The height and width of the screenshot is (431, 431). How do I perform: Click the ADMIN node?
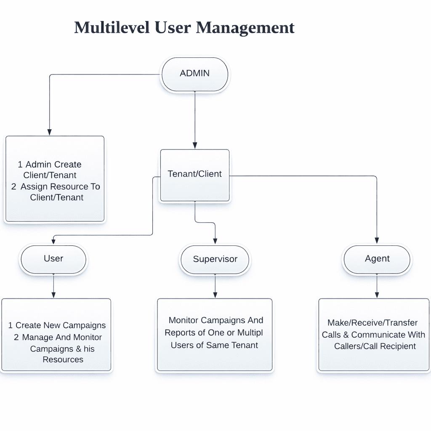(x=194, y=74)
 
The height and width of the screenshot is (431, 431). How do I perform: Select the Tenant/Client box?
(x=194, y=174)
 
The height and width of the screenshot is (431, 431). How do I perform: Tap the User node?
(x=53, y=258)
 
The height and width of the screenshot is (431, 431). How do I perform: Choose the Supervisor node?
(x=215, y=259)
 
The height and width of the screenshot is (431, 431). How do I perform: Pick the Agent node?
(x=377, y=258)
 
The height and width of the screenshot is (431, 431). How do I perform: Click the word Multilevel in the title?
(x=112, y=28)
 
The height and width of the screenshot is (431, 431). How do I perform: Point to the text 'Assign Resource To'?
(x=60, y=186)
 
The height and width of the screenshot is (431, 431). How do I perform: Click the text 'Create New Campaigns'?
(x=61, y=325)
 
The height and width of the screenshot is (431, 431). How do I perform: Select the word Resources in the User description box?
(x=63, y=359)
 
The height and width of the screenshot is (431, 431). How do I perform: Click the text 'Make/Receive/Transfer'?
(x=372, y=323)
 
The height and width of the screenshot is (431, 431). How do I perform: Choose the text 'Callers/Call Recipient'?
(x=375, y=346)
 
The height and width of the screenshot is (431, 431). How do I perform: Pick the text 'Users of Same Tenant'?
(x=214, y=346)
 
